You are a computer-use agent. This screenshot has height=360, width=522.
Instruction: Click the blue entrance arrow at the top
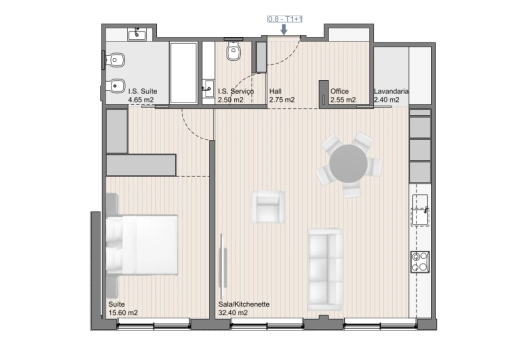(284, 29)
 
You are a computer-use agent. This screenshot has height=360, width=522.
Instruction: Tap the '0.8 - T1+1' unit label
(285, 19)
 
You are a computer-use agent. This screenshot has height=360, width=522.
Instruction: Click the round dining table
(348, 164)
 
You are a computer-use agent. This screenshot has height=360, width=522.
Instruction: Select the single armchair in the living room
(268, 207)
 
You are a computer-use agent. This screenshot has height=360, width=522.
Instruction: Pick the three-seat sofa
(324, 269)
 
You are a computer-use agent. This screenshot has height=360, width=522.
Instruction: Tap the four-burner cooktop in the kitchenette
(420, 262)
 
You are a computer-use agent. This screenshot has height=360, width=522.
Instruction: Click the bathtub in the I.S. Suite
(184, 72)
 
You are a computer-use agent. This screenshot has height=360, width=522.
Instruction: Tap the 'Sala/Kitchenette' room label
(244, 304)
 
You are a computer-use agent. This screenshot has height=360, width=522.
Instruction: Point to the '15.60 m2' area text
(123, 313)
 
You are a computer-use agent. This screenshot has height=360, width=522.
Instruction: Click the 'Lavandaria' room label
(391, 91)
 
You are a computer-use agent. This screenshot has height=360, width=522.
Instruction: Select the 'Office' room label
(339, 91)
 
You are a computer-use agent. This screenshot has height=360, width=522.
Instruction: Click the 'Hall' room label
(275, 91)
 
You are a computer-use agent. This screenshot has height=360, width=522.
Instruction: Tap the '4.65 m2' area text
(140, 100)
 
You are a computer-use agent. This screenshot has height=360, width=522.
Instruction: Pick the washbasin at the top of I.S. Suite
(136, 34)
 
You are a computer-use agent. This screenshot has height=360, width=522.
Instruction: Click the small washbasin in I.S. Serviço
(208, 89)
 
